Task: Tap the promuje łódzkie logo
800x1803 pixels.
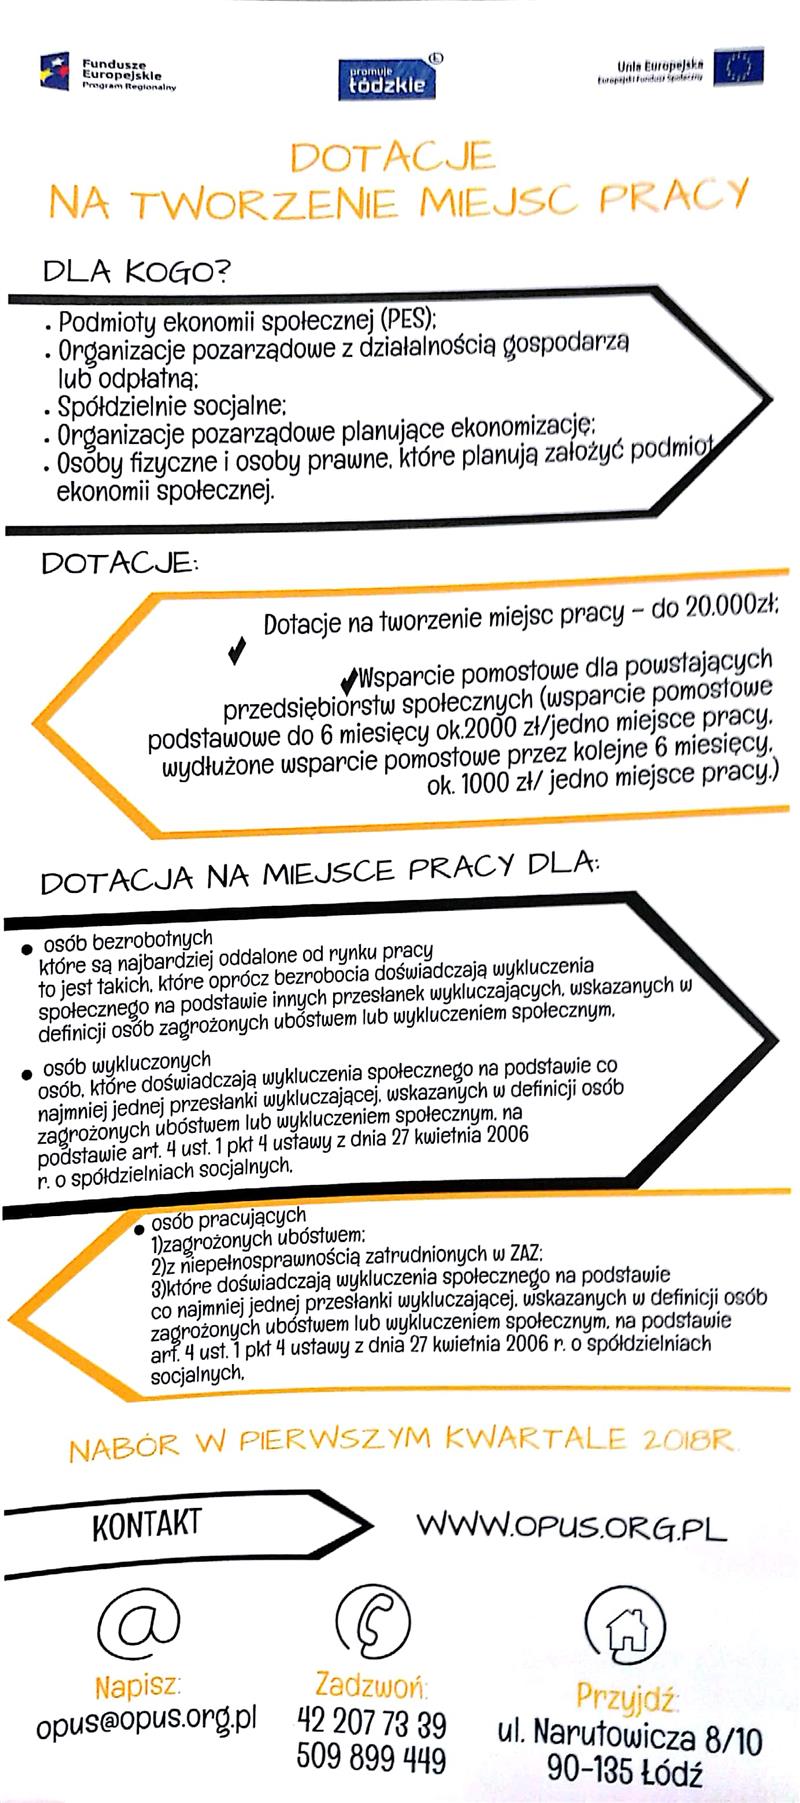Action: coord(388,77)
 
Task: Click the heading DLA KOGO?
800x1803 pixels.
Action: coord(136,271)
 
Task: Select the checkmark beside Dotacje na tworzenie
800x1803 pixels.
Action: coord(237,651)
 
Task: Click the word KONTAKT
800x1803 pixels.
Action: coord(146,1523)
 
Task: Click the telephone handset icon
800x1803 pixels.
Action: coord(373,1625)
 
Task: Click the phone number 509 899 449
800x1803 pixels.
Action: coord(371,1758)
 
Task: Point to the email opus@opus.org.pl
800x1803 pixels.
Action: coord(146,1720)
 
